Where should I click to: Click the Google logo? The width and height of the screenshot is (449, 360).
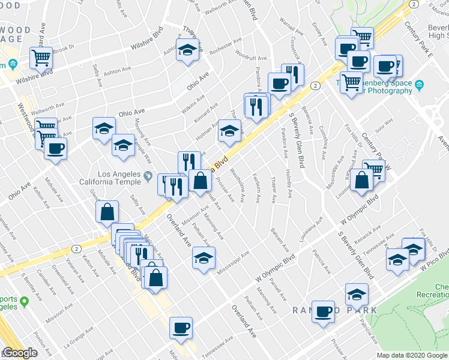(x=20, y=353)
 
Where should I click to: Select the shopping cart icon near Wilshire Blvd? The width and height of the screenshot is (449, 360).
(x=41, y=58)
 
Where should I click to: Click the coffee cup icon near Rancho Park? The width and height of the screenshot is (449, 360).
(x=324, y=311)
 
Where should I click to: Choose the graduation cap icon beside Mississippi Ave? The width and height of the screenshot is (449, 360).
(x=203, y=259)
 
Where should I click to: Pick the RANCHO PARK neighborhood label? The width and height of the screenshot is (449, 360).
(x=334, y=310)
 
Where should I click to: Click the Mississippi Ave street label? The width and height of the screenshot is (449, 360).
(x=233, y=260)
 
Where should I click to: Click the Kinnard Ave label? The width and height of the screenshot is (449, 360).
(x=206, y=112)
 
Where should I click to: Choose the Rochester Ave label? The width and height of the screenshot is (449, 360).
(x=226, y=45)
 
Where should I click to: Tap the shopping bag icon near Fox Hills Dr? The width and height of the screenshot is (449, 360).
(x=362, y=180)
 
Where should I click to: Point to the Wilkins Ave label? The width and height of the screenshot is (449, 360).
(x=192, y=102)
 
